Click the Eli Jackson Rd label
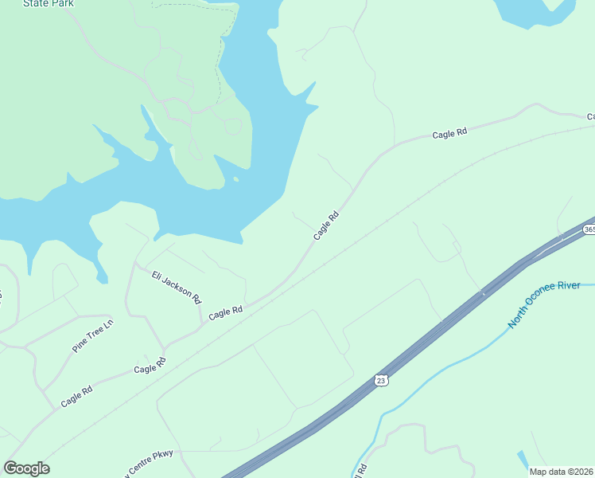pos(177,287)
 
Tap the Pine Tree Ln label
pos(93,338)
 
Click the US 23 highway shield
pos(382,381)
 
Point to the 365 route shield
pos(589,229)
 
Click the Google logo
pos(26,468)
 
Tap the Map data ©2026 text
pos(562,472)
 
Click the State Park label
pos(49,3)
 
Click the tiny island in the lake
pos(236,179)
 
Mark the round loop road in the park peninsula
pos(232,126)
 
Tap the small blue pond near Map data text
pos(522,460)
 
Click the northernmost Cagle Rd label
pos(449,135)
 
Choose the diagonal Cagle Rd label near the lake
pos(326,225)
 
